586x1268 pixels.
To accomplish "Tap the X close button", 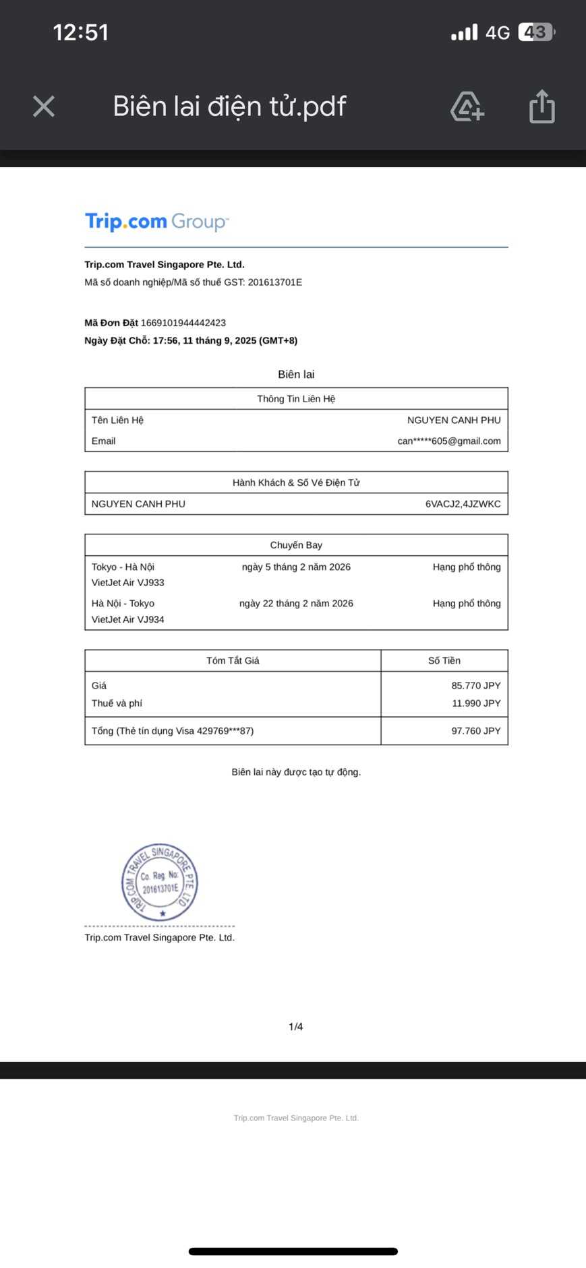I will point(44,106).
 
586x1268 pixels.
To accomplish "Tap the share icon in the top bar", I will point(541,106).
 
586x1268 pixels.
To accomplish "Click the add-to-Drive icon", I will point(467,106).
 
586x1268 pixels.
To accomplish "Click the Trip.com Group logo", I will point(156,222).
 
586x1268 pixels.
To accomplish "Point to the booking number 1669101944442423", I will point(183,323).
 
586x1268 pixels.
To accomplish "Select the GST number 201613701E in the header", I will point(274,282).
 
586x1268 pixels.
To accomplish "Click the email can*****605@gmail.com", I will point(449,441).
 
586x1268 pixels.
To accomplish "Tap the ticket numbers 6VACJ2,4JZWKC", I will point(463,504).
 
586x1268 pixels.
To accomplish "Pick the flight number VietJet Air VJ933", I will point(128,583).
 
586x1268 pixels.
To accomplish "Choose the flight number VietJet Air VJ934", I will point(128,619).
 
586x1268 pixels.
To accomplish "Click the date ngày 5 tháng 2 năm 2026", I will point(296,567).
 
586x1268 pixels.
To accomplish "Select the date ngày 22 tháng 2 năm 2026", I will point(296,604).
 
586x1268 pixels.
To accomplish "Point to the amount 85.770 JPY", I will point(475,686).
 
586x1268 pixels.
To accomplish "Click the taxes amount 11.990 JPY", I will point(475,703).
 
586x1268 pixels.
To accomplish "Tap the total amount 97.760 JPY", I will point(475,731).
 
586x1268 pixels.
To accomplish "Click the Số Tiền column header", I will point(444,661).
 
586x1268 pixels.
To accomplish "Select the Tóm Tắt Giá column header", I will point(233,661).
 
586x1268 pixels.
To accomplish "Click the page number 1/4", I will point(295,1027).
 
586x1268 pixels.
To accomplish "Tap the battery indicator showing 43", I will point(536,32).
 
